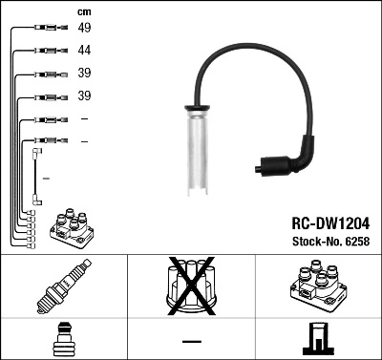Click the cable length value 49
[84, 28]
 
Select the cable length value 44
[84, 51]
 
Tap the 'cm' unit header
[84, 11]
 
